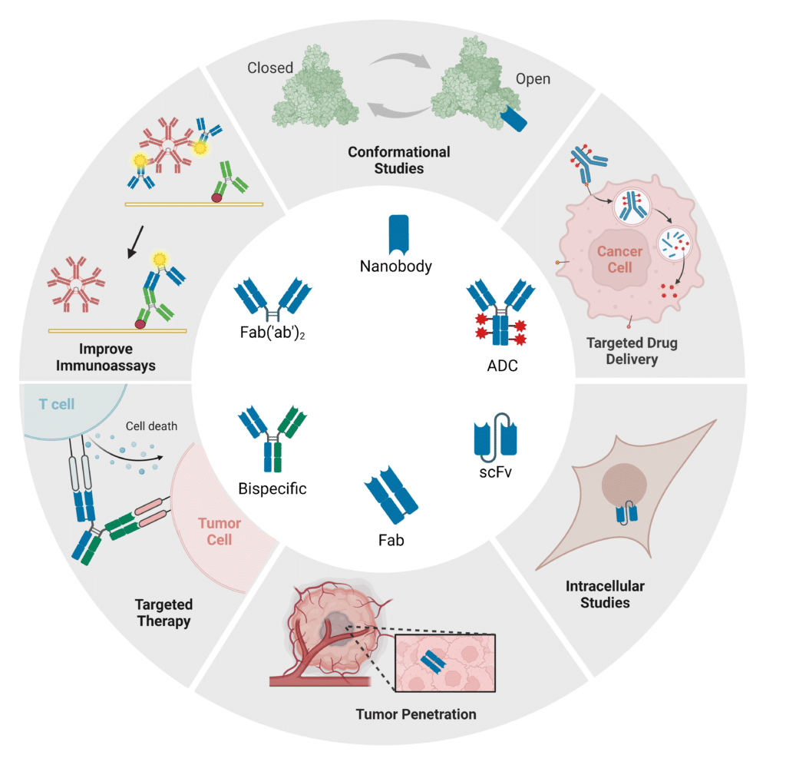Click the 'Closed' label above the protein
270,68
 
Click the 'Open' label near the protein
533,79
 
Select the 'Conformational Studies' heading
399,160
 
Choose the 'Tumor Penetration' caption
416,714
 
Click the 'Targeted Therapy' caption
163,613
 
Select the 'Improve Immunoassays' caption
106,357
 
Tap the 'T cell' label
57,404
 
